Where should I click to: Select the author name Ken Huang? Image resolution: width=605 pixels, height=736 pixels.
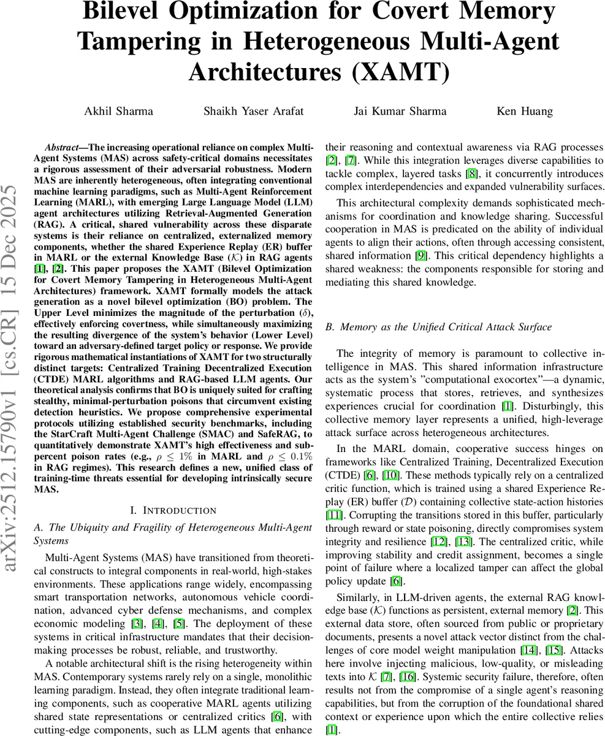(x=524, y=111)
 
